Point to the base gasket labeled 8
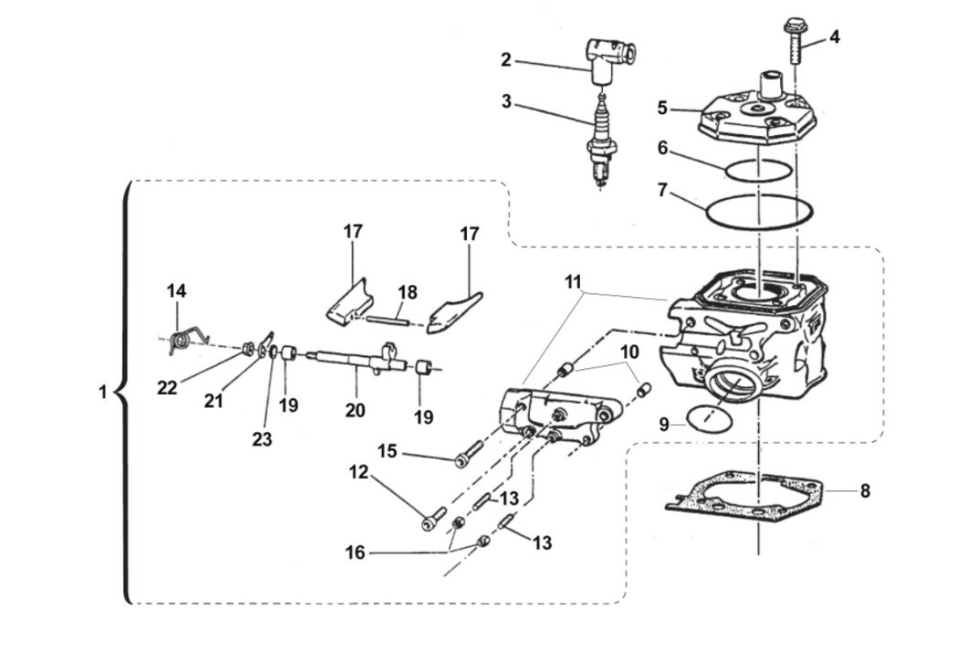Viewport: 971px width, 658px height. (744, 497)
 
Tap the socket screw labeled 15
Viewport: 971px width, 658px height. (469, 454)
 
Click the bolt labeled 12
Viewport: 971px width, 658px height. (434, 519)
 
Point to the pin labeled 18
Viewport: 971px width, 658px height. (388, 321)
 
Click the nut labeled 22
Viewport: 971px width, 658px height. (248, 349)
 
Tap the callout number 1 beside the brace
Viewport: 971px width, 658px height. (103, 393)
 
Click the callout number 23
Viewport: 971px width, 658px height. (262, 439)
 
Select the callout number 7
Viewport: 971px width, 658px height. (662, 190)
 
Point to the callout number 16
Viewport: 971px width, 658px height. (355, 553)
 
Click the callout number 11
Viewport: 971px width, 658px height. (573, 282)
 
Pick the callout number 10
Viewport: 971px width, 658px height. (630, 352)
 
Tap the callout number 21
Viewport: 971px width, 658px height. (214, 401)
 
